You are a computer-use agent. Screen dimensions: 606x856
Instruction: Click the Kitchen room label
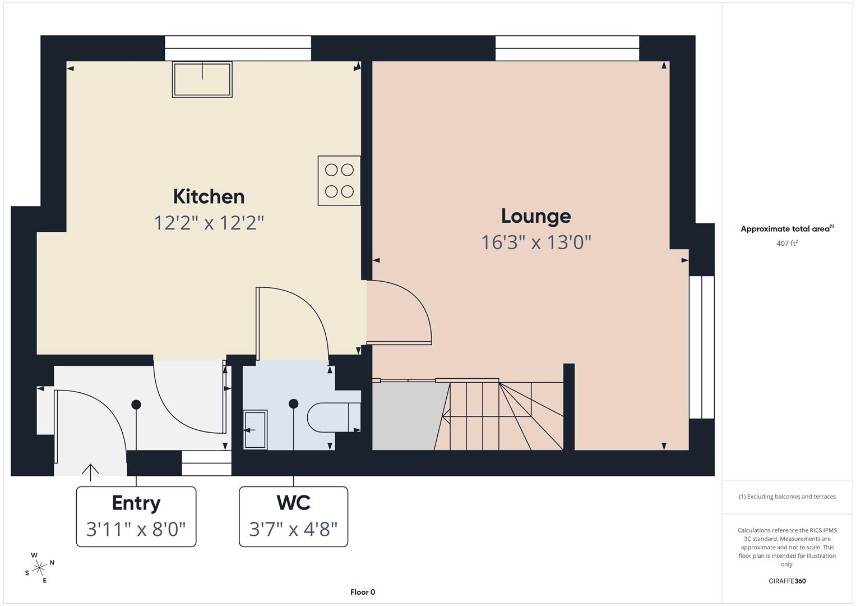pos(209,196)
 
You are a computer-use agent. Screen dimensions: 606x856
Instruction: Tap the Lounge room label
pos(535,216)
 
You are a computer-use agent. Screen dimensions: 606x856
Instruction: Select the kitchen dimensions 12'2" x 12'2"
pos(209,223)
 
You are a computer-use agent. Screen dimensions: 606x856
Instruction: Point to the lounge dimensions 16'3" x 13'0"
pos(536,242)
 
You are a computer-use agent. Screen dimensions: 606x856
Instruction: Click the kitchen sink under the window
pos(202,80)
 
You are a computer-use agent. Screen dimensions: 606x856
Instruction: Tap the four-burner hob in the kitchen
pos(339,180)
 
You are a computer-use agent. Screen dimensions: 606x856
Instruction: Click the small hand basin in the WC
pos(255,430)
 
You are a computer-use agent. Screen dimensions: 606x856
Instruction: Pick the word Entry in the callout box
pos(136,503)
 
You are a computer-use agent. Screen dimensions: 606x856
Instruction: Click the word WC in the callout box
pos(293,503)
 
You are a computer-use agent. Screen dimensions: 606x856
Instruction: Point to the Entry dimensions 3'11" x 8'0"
pos(136,529)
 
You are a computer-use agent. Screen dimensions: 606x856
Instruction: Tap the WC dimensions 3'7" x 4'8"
pos(293,529)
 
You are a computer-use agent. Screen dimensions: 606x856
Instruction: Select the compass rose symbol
pos(39,568)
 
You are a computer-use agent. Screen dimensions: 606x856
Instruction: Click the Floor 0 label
pos(363,592)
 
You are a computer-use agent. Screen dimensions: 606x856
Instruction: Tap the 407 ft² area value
pos(786,243)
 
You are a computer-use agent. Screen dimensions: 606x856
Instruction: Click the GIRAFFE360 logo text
pos(786,581)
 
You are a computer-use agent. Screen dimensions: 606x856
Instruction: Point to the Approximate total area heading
pos(786,229)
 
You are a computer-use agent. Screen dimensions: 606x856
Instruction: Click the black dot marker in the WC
pos(293,403)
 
